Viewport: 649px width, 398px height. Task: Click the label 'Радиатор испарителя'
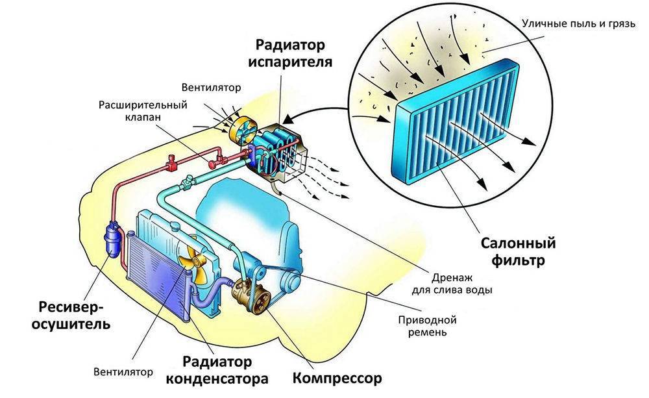click(294, 54)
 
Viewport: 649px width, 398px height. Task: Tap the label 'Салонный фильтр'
click(518, 252)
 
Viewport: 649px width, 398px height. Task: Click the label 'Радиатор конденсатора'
click(225, 369)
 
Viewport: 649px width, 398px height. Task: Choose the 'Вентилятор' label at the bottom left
click(123, 372)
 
